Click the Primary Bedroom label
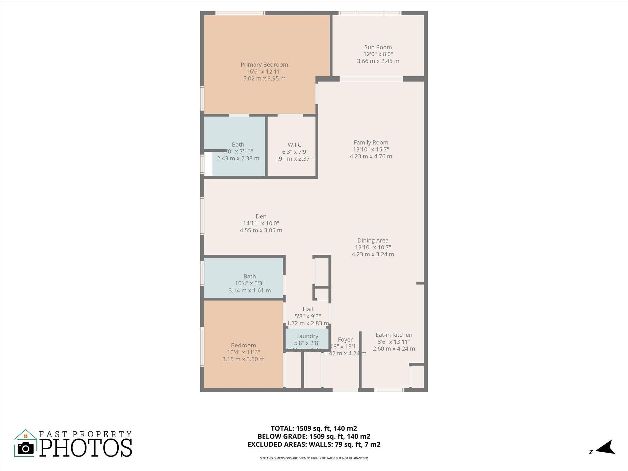264,65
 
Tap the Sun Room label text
378,47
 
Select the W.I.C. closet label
295,145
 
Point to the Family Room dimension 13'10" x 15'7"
371,149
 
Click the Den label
261,216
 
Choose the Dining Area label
373,240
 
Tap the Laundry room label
307,336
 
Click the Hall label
308,309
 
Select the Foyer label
345,339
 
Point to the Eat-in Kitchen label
394,335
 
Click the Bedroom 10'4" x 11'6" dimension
243,352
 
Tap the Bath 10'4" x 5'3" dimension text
250,283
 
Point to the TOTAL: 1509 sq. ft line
314,428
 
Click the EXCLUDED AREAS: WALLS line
314,444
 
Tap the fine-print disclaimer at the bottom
314,458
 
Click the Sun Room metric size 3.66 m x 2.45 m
378,61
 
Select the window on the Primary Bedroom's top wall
240,13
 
